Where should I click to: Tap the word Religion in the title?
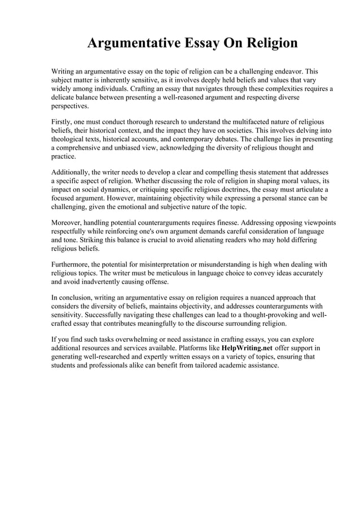[267, 43]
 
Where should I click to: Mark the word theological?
[70, 138]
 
